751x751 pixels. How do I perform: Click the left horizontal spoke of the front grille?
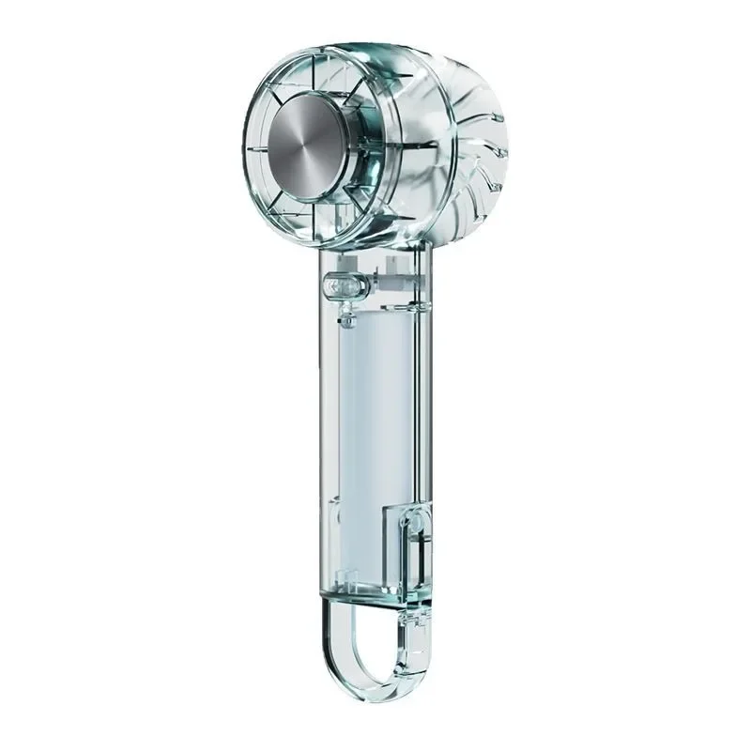252,150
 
